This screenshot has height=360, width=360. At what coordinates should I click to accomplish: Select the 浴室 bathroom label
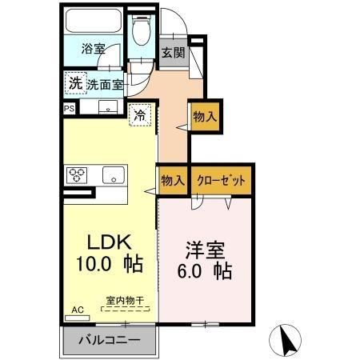[x=92, y=48]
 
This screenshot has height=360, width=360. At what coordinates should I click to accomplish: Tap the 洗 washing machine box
[x=74, y=82]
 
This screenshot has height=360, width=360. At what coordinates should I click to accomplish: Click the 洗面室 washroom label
[x=105, y=83]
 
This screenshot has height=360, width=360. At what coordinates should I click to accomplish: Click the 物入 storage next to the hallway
[x=205, y=117]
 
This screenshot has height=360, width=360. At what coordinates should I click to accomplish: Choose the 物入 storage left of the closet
[x=172, y=179]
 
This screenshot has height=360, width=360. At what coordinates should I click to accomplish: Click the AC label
[x=77, y=309]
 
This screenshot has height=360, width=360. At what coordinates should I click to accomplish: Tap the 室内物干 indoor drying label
[x=124, y=302]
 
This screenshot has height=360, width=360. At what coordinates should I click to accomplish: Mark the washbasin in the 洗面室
[x=106, y=107]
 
